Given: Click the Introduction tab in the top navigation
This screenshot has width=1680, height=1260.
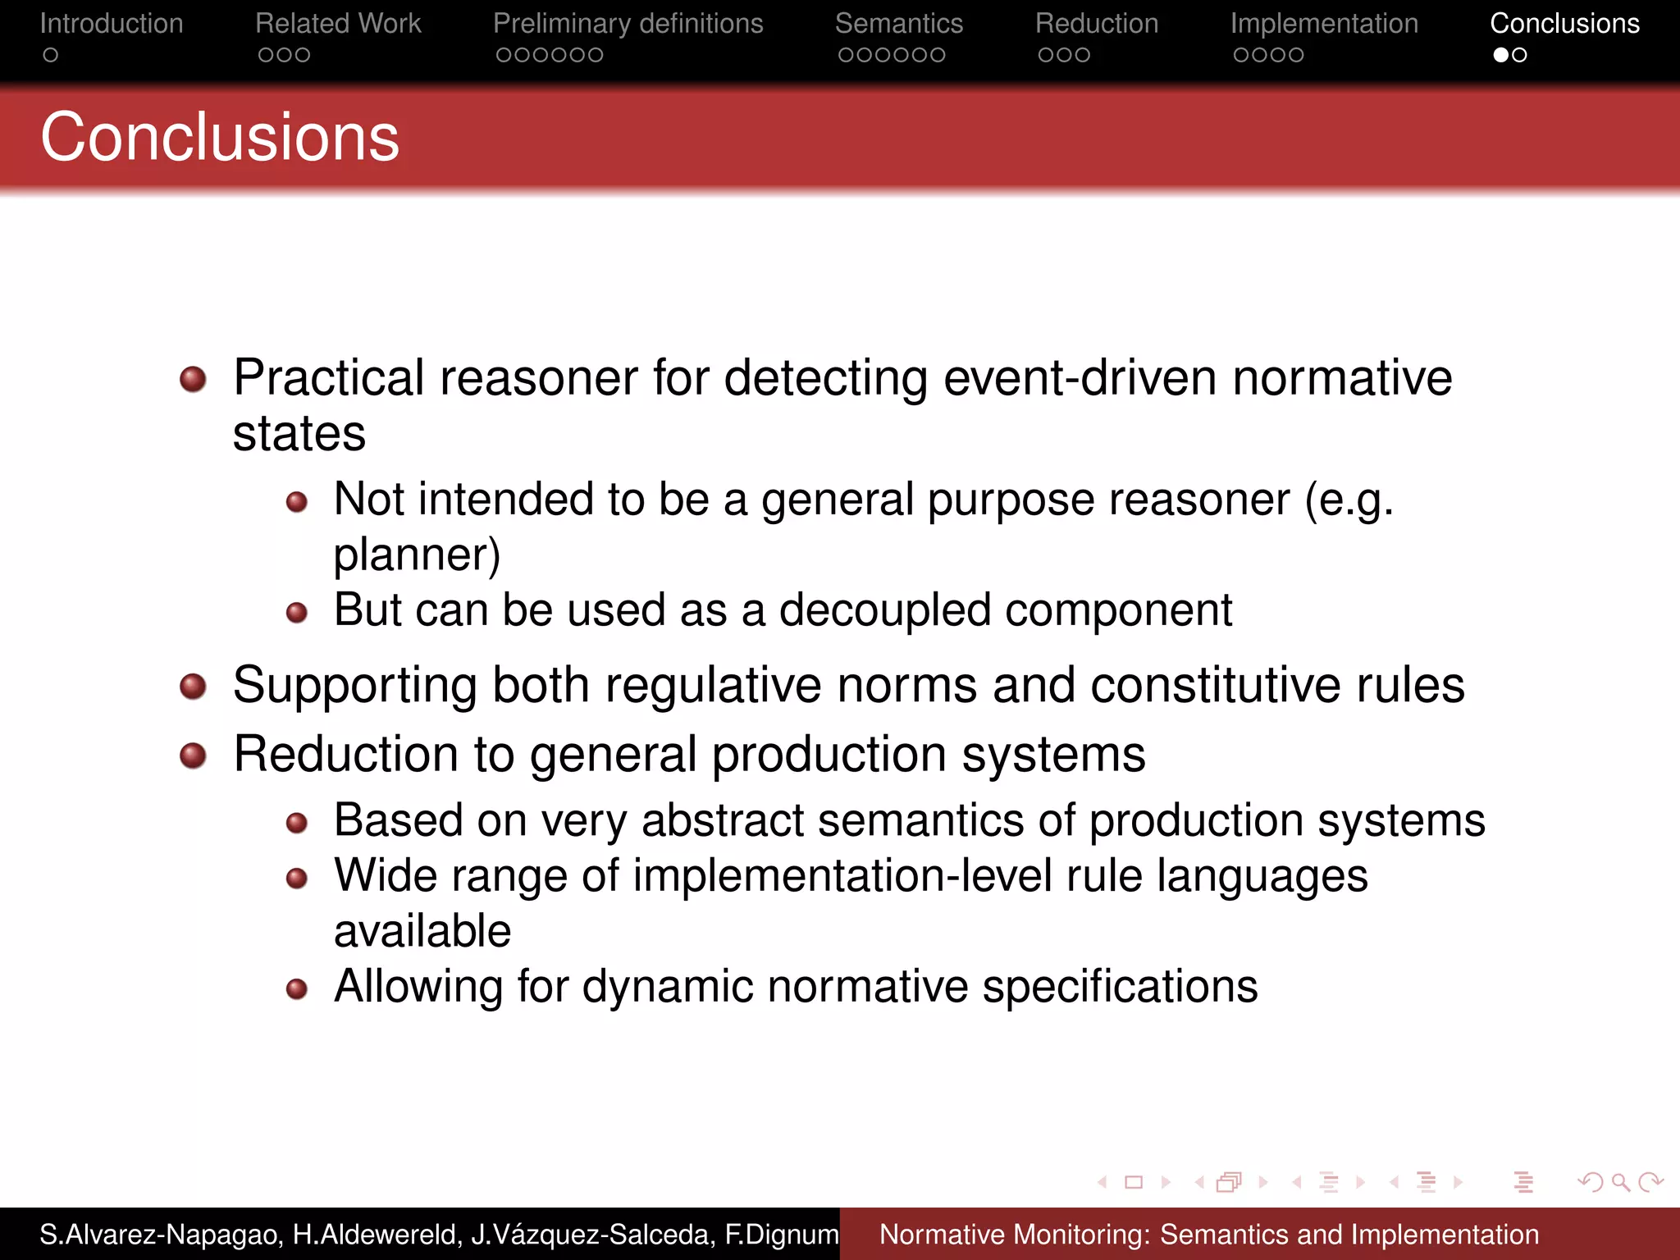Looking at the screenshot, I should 112,24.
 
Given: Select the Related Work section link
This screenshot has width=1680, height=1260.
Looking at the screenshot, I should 338,24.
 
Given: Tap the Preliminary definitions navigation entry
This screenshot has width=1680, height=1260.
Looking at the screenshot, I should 628,24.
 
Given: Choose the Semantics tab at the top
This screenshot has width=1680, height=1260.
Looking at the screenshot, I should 898,24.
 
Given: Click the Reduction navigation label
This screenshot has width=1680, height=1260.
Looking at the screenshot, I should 1096,24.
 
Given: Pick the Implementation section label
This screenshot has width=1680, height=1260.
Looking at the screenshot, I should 1323,24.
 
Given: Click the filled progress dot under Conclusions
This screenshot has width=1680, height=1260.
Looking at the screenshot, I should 1500,55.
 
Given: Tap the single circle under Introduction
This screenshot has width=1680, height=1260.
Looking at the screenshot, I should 51,55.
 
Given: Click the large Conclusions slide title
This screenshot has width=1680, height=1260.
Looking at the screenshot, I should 220,137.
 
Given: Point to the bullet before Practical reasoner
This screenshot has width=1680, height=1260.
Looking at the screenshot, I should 193,379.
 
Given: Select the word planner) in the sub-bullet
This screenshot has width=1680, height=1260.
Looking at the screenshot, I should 417,555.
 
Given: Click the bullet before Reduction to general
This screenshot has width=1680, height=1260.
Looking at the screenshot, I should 193,755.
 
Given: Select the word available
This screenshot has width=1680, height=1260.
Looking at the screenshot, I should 422,931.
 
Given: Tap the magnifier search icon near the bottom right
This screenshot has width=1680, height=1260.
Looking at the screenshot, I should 1620,1182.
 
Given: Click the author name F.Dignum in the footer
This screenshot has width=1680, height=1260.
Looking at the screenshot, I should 781,1235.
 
